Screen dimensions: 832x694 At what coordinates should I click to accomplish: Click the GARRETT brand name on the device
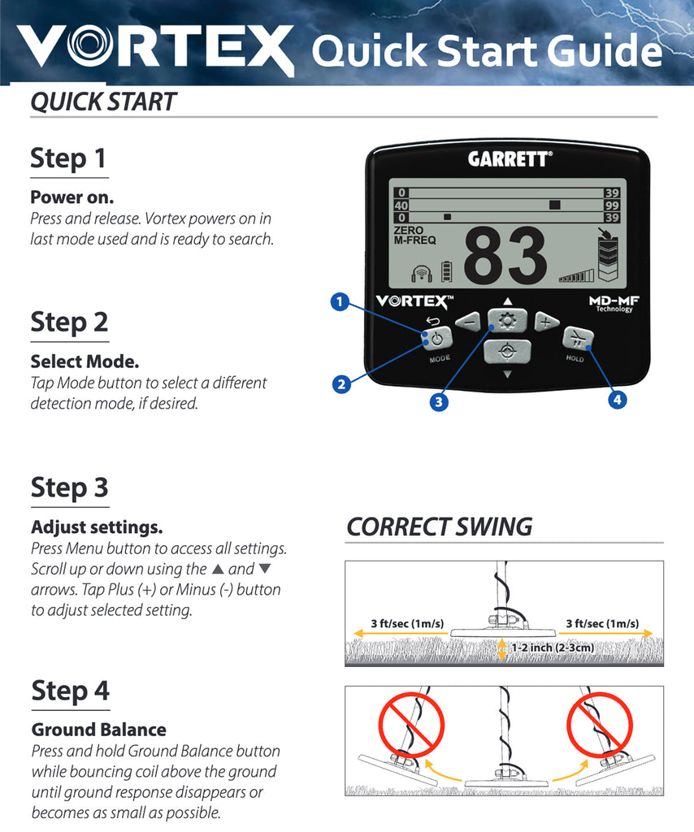(x=509, y=159)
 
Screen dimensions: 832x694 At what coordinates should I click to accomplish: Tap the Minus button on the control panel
(x=468, y=322)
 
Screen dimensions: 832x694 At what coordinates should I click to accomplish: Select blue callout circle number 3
(x=439, y=401)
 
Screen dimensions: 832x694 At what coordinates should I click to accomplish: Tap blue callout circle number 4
(x=618, y=400)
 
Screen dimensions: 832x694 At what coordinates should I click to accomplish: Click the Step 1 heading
(x=69, y=158)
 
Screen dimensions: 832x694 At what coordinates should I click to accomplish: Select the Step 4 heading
(x=70, y=691)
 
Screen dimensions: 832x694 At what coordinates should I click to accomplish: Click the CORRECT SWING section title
(x=439, y=526)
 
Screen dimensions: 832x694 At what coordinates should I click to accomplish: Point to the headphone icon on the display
(x=421, y=273)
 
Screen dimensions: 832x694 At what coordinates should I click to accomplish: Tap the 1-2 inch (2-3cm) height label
(x=552, y=648)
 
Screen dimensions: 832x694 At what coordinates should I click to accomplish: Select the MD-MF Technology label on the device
(x=611, y=303)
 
